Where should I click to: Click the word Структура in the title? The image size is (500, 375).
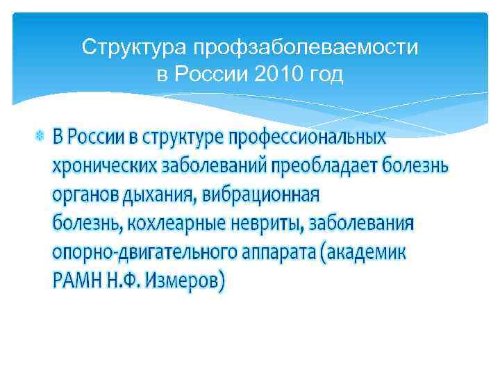(x=135, y=48)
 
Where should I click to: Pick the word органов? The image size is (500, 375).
(x=85, y=196)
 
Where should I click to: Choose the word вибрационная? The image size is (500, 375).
(x=260, y=195)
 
